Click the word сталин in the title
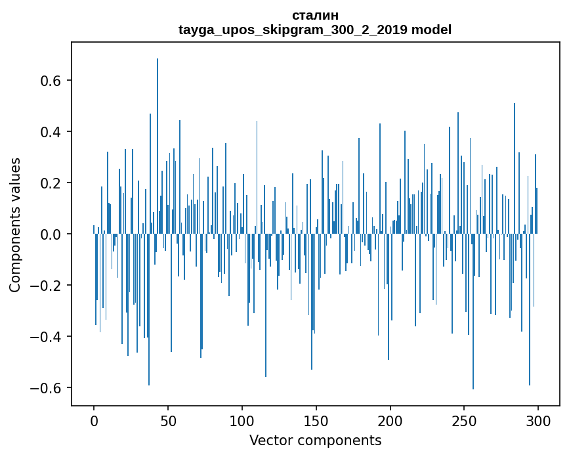pyautogui.click(x=315, y=15)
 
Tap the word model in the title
pyautogui.click(x=431, y=30)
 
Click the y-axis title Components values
pyautogui.click(x=15, y=225)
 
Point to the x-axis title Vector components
pyautogui.click(x=315, y=440)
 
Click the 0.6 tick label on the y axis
pyautogui.click(x=51, y=81)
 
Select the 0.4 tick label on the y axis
pyautogui.click(x=51, y=132)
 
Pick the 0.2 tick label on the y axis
pyautogui.click(x=51, y=183)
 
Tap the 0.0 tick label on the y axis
pyautogui.click(x=51, y=234)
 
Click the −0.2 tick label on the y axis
pyautogui.click(x=46, y=286)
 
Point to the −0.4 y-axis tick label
pyautogui.click(x=46, y=337)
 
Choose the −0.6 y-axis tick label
pyautogui.click(x=46, y=388)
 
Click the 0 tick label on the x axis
pyautogui.click(x=94, y=420)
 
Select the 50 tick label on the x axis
pyautogui.click(x=168, y=420)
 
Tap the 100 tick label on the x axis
pyautogui.click(x=242, y=420)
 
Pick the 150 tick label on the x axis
pyautogui.click(x=316, y=420)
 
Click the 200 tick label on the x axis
pyautogui.click(x=390, y=420)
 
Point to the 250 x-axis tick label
pyautogui.click(x=465, y=420)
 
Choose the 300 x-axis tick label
pyautogui.click(x=539, y=420)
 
